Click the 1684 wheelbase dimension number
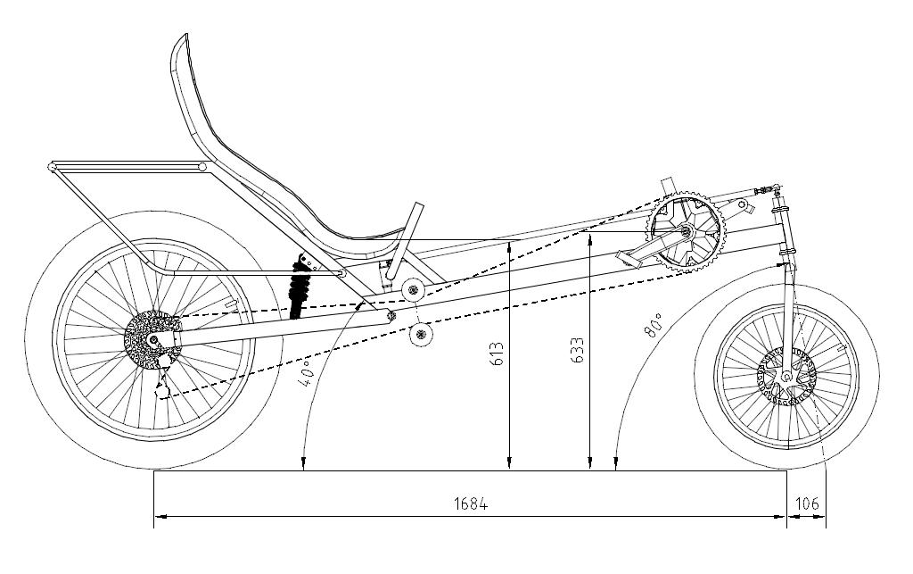[471, 504]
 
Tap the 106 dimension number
[807, 504]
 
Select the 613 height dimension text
[498, 354]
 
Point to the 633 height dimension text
[578, 349]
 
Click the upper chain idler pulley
[411, 290]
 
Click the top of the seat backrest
[183, 40]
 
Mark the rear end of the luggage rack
[53, 167]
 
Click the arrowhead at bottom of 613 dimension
[508, 463]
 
